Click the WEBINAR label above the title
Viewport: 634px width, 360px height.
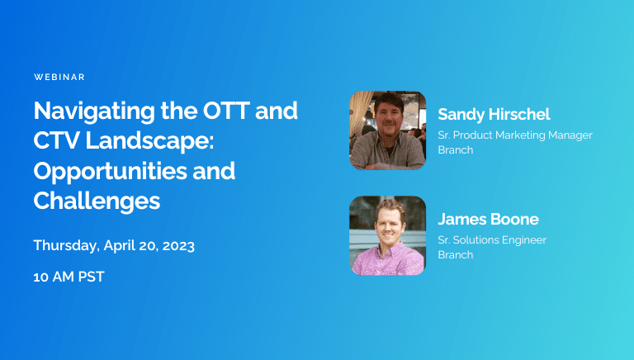[59, 77]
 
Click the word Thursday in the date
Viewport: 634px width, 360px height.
[66, 246]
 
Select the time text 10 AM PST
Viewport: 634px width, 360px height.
[69, 277]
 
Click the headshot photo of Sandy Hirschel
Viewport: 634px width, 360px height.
[387, 130]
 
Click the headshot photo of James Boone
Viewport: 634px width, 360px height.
[387, 234]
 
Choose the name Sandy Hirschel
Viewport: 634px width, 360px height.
[494, 114]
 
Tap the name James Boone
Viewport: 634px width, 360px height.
[488, 219]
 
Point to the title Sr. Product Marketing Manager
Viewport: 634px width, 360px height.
[514, 135]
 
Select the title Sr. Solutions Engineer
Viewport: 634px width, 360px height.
[491, 240]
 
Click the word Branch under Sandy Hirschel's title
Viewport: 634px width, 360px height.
[455, 150]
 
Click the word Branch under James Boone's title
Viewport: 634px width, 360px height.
[455, 255]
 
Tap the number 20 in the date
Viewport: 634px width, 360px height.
[144, 246]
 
